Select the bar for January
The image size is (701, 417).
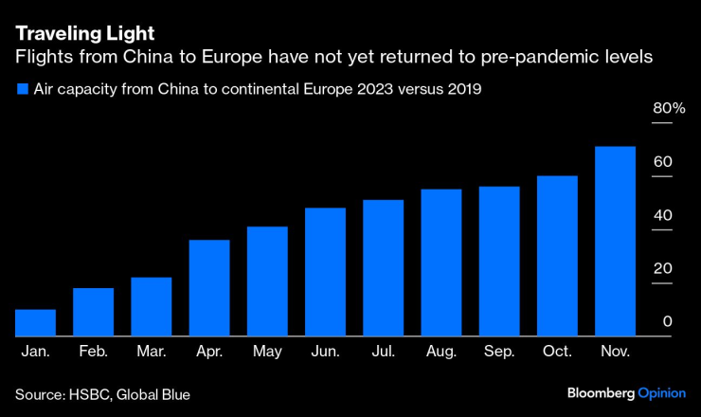click(x=35, y=323)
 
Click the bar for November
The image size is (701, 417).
click(x=615, y=242)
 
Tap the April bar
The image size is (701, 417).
click(x=209, y=288)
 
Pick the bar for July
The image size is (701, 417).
click(x=383, y=268)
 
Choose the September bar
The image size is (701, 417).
click(x=499, y=262)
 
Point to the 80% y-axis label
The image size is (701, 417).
click(x=668, y=109)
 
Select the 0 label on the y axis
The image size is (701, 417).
click(x=667, y=322)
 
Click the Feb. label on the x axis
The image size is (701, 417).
click(x=93, y=352)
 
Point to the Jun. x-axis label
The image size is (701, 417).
click(x=325, y=352)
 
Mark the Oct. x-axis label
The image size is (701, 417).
click(x=557, y=352)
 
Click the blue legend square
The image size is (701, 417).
click(x=22, y=90)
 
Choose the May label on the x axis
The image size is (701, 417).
click(x=267, y=352)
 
